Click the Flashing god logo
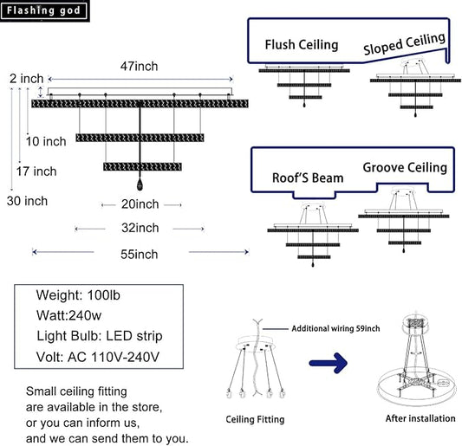(44, 10)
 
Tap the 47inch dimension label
(139, 66)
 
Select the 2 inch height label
(27, 79)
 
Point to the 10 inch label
(46, 141)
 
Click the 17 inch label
(36, 171)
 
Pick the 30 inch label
(27, 201)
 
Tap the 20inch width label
(140, 204)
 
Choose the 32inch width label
(140, 228)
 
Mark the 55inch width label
(140, 255)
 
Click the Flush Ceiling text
(302, 45)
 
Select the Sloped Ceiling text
(404, 44)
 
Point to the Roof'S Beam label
(308, 178)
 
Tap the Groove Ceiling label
(405, 167)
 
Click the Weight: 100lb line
(78, 295)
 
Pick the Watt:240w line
(68, 315)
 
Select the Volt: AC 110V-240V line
(98, 357)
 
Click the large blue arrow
(329, 363)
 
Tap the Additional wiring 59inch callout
(335, 328)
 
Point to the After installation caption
(420, 418)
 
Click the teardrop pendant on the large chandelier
(140, 184)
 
